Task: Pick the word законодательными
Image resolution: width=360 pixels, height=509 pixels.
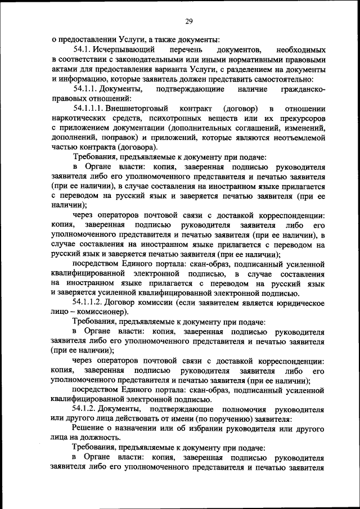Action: [145, 59]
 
